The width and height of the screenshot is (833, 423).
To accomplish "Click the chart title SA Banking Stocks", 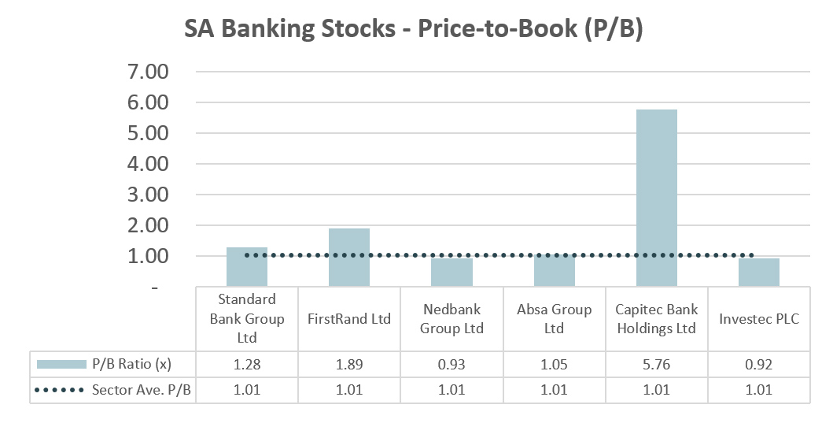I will (x=414, y=29).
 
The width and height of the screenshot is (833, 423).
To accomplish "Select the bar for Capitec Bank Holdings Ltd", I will (x=657, y=198).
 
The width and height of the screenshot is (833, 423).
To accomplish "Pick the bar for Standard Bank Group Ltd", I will (x=247, y=267).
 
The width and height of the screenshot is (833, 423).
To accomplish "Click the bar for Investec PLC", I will (x=759, y=273).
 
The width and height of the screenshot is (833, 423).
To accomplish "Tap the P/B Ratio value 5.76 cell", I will (x=657, y=364).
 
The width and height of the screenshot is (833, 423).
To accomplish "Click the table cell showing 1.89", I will (x=349, y=364).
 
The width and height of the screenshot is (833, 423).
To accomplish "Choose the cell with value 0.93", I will (x=452, y=364).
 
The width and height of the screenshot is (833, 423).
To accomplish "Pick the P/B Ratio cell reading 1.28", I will (x=247, y=364).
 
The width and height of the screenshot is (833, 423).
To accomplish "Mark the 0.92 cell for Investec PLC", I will (x=759, y=364).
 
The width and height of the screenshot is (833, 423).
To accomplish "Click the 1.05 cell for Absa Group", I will (x=554, y=364).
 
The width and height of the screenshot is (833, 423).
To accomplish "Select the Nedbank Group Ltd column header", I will (x=452, y=319).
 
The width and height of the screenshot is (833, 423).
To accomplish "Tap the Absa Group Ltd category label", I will (x=554, y=319).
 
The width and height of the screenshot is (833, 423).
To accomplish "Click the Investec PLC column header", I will (x=759, y=319).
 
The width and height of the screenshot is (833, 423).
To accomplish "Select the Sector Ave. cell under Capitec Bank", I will (x=657, y=389).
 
